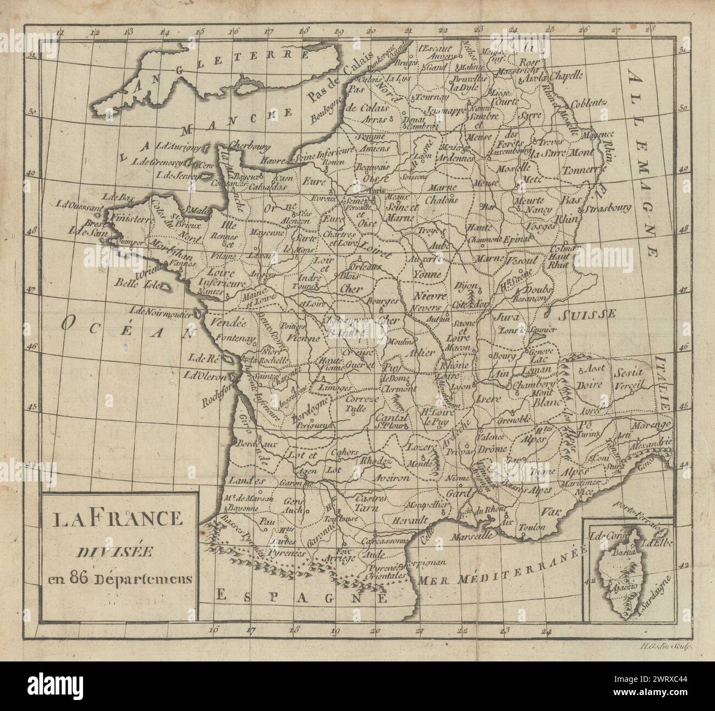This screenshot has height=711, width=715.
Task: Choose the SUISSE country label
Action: [587, 314]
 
